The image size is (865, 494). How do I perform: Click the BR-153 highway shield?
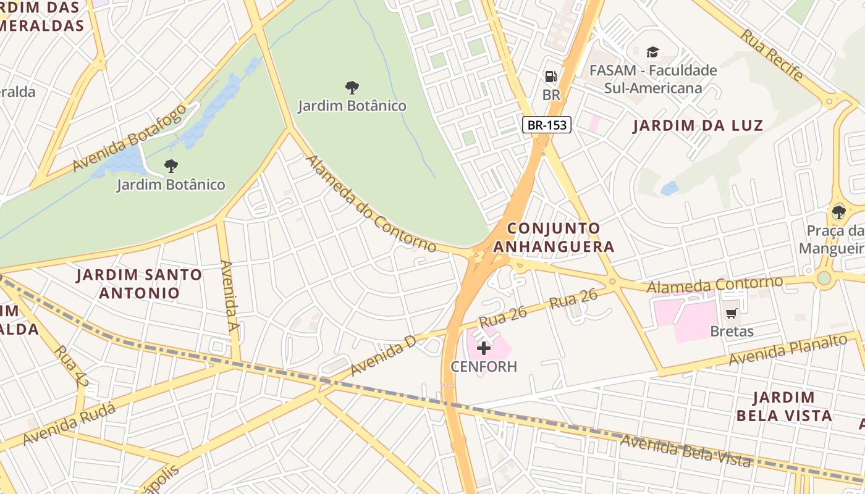point(547,125)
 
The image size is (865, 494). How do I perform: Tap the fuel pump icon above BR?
point(551,77)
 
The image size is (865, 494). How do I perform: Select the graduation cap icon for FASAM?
point(653,52)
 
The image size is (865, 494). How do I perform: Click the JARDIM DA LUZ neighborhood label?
point(698,125)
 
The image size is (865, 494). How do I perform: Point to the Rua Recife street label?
point(772,56)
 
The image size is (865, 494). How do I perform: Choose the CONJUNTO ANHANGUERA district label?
point(554,238)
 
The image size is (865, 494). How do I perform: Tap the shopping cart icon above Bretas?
point(732,313)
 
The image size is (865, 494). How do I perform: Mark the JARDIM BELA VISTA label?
point(783,406)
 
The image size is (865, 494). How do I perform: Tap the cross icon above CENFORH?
point(484,348)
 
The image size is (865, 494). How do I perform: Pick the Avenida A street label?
point(229,296)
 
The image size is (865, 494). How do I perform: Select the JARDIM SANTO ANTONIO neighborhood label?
point(139,283)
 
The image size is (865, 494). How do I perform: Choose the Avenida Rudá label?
point(69,424)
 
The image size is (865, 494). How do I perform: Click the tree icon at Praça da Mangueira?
point(838,212)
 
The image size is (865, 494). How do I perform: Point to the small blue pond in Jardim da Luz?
point(669,188)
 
